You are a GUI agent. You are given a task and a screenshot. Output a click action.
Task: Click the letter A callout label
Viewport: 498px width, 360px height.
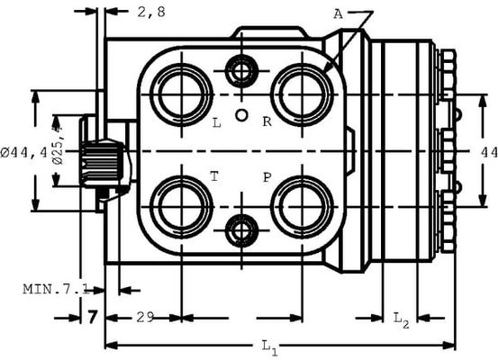click(x=338, y=13)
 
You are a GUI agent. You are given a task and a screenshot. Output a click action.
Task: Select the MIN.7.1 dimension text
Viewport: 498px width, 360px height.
click(x=54, y=289)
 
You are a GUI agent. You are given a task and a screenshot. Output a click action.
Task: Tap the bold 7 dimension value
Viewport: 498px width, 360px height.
click(x=92, y=317)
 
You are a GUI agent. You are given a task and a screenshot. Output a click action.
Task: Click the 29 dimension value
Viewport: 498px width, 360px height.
click(x=144, y=317)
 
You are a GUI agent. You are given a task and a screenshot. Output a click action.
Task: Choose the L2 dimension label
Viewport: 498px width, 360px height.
click(x=402, y=318)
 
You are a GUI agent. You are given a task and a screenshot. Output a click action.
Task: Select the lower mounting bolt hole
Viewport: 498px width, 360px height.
click(x=240, y=230)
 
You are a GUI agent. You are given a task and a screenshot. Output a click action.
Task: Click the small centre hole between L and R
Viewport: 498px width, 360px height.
click(x=240, y=114)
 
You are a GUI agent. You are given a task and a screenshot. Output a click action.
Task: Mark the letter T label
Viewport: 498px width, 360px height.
click(x=214, y=177)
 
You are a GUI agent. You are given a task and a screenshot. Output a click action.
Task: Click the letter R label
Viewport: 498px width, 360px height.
click(x=267, y=121)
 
